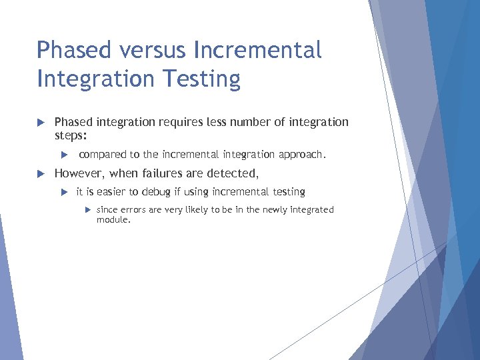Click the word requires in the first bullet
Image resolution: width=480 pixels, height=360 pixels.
[179, 122]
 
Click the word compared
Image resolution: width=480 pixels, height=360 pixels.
[103, 155]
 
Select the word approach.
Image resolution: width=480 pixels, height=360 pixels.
[302, 155]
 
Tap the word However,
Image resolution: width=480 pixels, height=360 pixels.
[83, 173]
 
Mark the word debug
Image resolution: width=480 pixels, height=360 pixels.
[151, 192]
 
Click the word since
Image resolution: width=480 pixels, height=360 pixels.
[107, 209]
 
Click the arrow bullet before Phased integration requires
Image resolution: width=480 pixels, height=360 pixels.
[40, 123]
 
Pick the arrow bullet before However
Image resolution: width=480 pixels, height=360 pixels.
[40, 174]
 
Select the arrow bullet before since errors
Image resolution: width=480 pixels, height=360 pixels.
[88, 210]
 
